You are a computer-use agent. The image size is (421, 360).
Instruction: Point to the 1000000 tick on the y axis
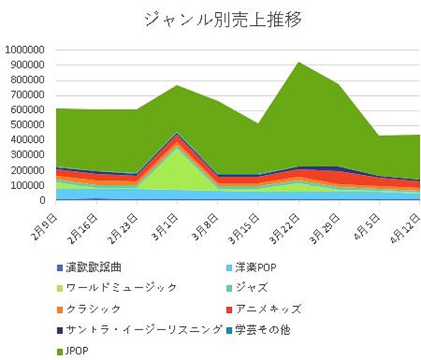tap(25, 50)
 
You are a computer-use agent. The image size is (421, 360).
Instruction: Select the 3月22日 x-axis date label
tap(287, 223)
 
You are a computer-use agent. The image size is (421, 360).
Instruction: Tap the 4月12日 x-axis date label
tap(408, 223)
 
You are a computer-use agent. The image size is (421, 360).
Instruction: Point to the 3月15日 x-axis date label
tap(247, 223)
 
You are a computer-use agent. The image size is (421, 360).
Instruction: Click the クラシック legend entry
tap(93, 309)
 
